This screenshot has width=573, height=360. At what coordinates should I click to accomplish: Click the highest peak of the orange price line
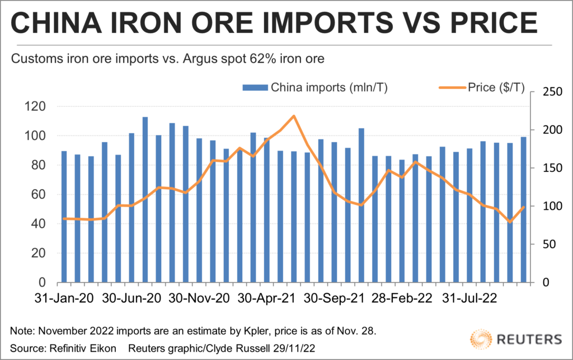(x=294, y=116)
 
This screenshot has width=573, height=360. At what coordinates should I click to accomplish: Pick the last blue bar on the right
(x=524, y=209)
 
